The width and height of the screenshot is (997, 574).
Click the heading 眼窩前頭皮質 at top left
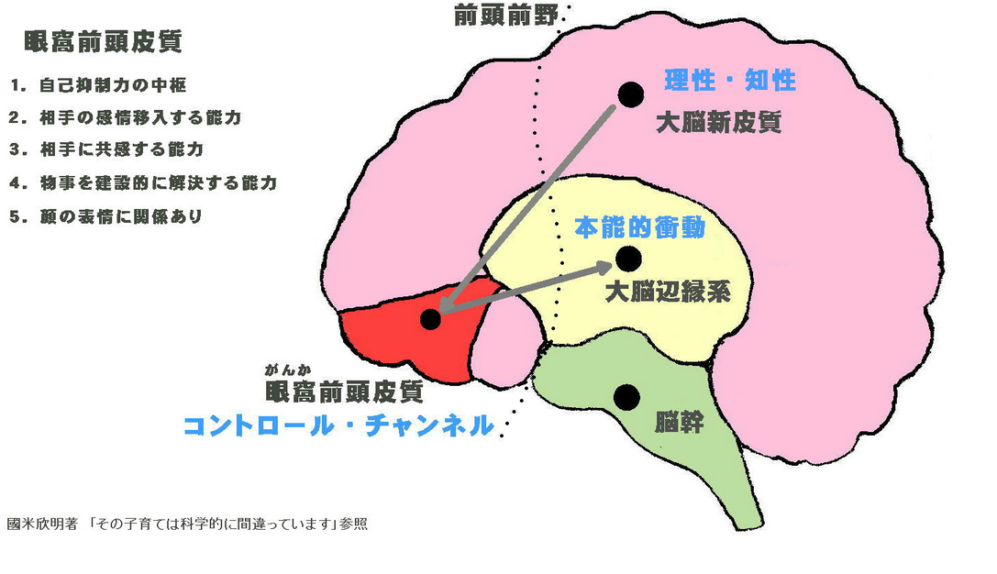(104, 41)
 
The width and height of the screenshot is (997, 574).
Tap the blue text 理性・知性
(730, 81)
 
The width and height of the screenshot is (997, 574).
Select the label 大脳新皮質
(719, 123)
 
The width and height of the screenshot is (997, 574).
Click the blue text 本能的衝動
(639, 227)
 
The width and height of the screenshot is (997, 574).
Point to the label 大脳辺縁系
(668, 293)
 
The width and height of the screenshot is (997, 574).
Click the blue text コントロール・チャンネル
(338, 426)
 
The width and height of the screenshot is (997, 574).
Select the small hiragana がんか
(286, 370)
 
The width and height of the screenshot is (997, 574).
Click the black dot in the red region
(430, 319)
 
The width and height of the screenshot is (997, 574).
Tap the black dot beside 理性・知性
(630, 93)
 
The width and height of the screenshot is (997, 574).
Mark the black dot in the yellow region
(628, 259)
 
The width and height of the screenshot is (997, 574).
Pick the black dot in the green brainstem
(626, 397)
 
